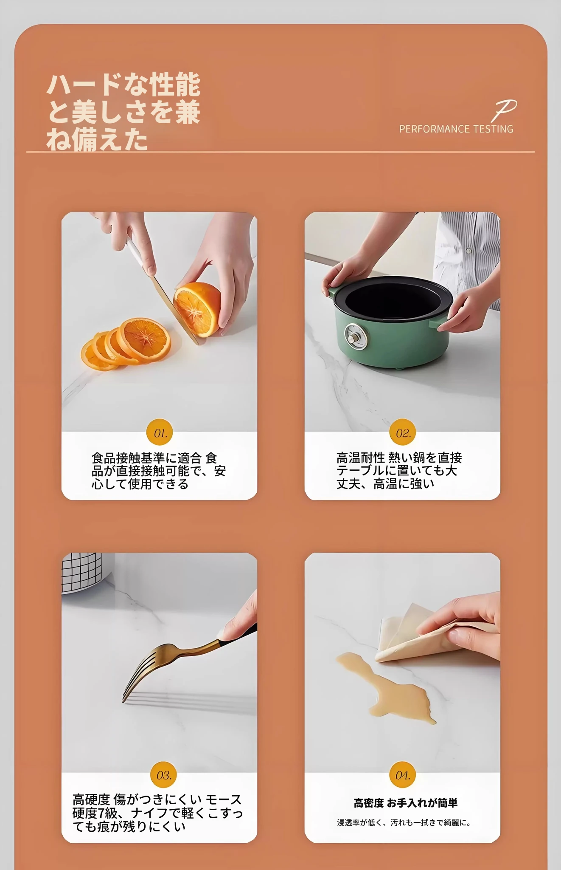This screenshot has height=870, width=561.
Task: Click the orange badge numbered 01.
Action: [x=160, y=433]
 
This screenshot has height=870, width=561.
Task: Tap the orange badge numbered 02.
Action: [x=402, y=433]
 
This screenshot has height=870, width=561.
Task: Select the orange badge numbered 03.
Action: [x=164, y=775]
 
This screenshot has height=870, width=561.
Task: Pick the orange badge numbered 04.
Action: [x=402, y=775]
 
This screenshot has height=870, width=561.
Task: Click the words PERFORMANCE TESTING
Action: [x=456, y=129]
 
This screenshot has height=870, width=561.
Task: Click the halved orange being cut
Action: [x=198, y=308]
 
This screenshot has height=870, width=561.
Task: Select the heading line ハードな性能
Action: [x=123, y=85]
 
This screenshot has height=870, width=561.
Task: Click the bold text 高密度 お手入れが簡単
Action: [x=405, y=803]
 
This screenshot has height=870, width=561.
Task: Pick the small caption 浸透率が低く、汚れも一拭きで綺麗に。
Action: [x=404, y=823]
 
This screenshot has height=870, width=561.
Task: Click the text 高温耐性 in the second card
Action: [x=360, y=458]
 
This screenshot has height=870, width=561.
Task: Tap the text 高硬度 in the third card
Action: [x=91, y=800]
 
